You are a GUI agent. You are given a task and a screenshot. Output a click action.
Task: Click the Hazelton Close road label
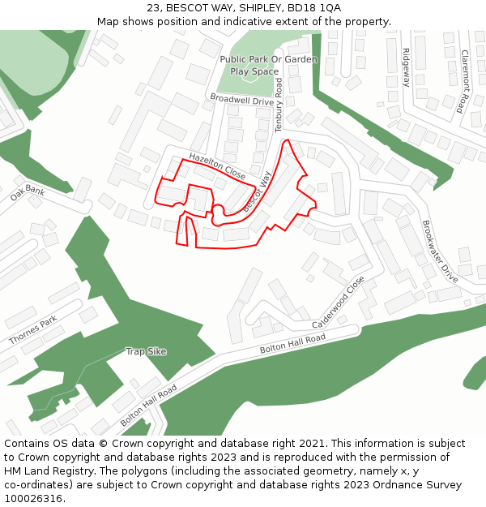[x=217, y=165]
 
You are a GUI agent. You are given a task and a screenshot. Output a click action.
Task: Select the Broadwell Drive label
[x=241, y=100]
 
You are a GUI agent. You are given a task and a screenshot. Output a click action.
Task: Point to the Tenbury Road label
[x=279, y=105]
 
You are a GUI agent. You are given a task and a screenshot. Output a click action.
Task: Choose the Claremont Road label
[x=464, y=81]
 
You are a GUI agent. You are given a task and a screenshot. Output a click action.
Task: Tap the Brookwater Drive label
[x=440, y=251]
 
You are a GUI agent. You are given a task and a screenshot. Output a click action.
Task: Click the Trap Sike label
[x=146, y=351]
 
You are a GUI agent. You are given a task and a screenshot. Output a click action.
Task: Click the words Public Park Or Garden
[x=268, y=59]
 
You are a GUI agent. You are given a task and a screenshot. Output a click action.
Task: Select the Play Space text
[x=254, y=71]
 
